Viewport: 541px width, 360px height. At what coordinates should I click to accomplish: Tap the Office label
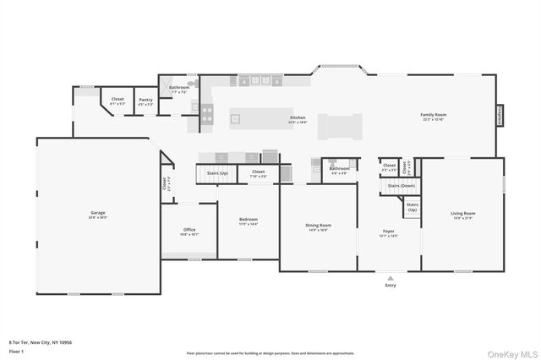pos(190,230)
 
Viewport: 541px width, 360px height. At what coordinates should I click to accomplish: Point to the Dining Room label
pos(318,225)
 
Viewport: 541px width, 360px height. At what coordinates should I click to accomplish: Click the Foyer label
pos(389,231)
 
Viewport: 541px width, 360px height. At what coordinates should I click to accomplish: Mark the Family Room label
pos(434,114)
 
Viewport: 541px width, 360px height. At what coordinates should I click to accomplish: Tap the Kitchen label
pos(298,117)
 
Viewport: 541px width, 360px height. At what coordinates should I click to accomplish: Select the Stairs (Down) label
pos(402,185)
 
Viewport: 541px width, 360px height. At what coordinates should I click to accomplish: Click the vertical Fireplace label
pos(499,114)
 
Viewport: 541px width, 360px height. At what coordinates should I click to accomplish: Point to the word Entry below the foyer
pos(390,286)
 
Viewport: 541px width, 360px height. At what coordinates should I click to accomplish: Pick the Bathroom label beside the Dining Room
pos(339,168)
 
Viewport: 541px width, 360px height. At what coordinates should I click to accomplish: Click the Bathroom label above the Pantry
pos(178,87)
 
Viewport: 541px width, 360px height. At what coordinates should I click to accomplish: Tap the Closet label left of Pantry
pos(117,99)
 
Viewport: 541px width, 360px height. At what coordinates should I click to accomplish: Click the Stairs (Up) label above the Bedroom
pos(217,172)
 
